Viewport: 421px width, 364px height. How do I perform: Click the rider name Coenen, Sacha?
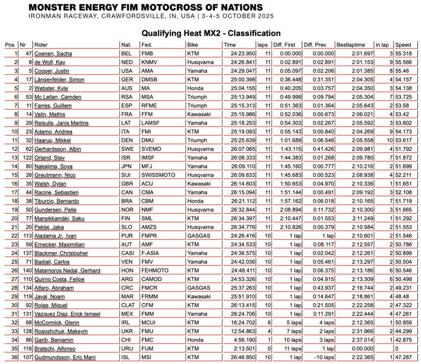[x=53, y=54]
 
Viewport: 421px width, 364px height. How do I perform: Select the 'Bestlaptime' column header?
[x=350, y=45]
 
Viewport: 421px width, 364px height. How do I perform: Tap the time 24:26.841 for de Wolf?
[x=236, y=62]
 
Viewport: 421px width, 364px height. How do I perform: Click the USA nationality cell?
[x=127, y=71]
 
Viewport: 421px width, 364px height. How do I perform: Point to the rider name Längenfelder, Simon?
[x=59, y=80]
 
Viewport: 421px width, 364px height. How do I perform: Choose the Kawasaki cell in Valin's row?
[x=198, y=115]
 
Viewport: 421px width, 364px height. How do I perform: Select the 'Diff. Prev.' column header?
[x=315, y=45]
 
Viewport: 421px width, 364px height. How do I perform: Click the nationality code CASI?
[x=128, y=254]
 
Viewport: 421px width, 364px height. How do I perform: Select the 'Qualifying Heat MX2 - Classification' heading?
[x=211, y=33]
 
